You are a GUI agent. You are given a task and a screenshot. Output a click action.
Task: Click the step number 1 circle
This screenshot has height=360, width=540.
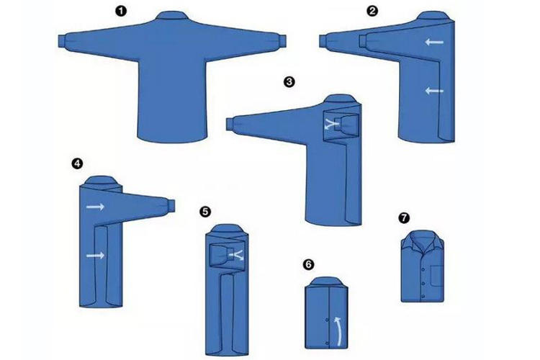pyautogui.click(x=120, y=11)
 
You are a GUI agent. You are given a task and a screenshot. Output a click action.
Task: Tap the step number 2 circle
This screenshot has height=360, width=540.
pyautogui.click(x=372, y=11)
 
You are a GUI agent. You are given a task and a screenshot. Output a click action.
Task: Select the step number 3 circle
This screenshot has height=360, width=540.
pyautogui.click(x=289, y=82)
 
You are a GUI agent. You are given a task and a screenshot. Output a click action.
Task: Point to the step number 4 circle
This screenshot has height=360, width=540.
pyautogui.click(x=77, y=163)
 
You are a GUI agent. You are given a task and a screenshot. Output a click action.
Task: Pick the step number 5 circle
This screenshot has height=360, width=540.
pyautogui.click(x=205, y=212)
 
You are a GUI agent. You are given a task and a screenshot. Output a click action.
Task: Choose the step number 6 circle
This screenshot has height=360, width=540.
pyautogui.click(x=308, y=264)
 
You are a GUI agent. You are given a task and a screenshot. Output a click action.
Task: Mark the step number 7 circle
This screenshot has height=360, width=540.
pyautogui.click(x=404, y=217)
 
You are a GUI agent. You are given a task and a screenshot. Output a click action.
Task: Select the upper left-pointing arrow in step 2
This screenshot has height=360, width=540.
pyautogui.click(x=434, y=42)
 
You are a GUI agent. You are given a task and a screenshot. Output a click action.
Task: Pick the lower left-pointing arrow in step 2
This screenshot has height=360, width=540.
pyautogui.click(x=434, y=91)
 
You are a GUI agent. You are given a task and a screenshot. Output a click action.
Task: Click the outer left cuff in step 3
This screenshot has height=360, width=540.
pyautogui.click(x=230, y=124)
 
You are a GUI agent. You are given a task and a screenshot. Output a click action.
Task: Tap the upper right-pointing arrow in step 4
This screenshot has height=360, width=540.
pyautogui.click(x=95, y=207)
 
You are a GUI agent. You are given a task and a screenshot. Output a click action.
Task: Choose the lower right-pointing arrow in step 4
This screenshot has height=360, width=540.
pyautogui.click(x=95, y=256)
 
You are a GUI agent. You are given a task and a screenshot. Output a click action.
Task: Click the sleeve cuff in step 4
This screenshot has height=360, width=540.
pyautogui.click(x=171, y=205)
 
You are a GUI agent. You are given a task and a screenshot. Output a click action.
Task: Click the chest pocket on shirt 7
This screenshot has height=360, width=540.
pyautogui.click(x=436, y=275)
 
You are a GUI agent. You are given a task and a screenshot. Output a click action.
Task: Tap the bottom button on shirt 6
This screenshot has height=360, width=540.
pyautogui.click(x=326, y=343)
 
